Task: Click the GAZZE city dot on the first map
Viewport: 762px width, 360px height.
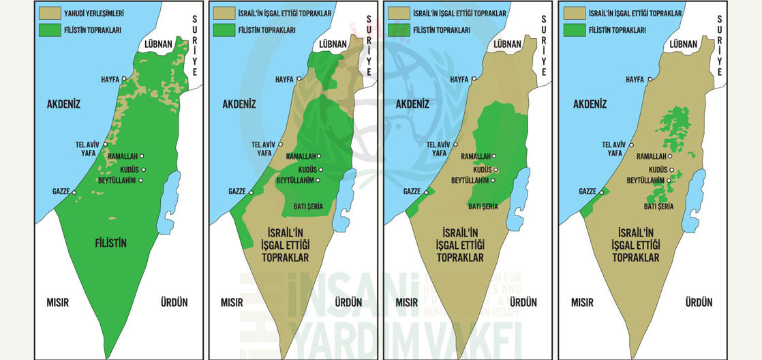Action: click(74, 192)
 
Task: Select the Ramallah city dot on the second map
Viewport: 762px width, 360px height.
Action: click(319, 156)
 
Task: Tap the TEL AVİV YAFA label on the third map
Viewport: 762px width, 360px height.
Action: click(439, 149)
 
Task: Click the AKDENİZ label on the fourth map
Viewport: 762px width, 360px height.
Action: click(590, 104)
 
